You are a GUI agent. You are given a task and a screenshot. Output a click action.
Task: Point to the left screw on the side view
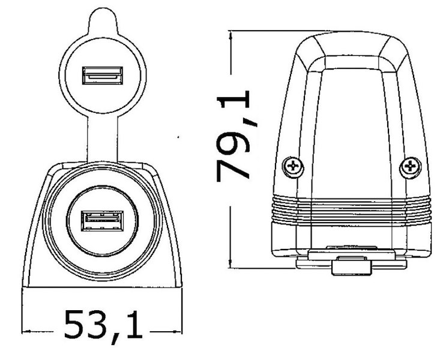click(x=293, y=166)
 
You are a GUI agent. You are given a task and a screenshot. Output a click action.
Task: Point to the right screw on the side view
click(x=411, y=166)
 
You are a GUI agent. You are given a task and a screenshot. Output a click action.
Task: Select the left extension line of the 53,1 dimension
click(x=22, y=312)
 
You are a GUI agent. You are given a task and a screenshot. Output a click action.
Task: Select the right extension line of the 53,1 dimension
click(x=183, y=312)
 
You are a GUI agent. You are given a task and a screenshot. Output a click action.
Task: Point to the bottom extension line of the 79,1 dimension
click(x=264, y=268)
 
